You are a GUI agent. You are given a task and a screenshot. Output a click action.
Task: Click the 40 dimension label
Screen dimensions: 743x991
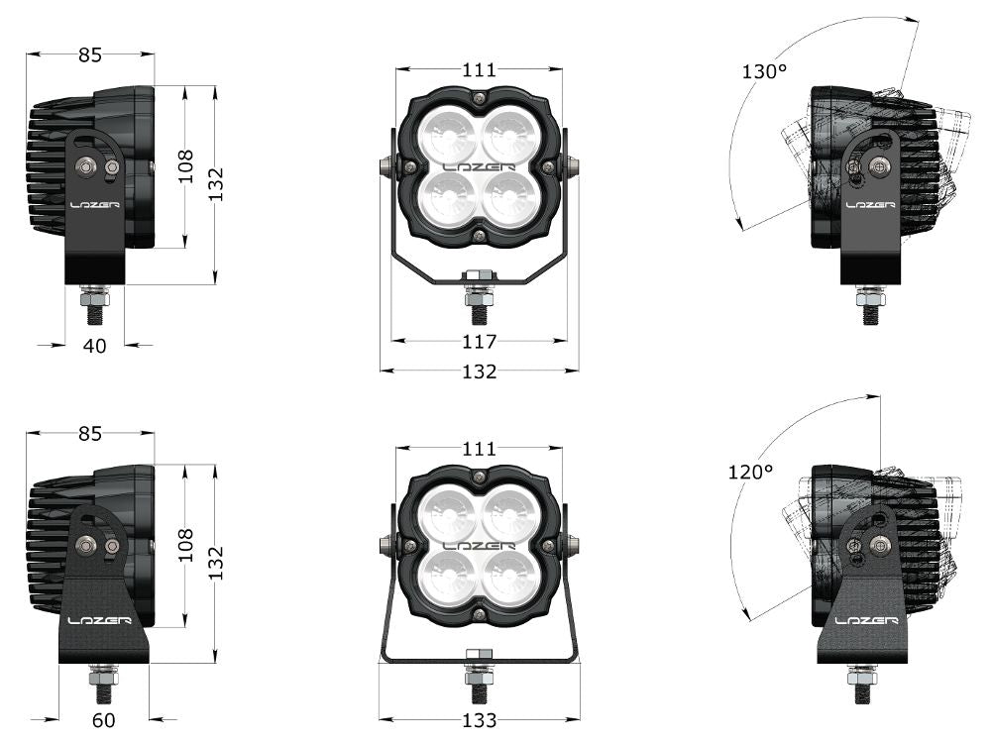[x=95, y=345]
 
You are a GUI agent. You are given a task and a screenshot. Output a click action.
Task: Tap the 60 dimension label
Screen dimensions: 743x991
[x=104, y=720]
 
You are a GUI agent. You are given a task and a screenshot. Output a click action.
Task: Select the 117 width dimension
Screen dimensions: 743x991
[x=480, y=342]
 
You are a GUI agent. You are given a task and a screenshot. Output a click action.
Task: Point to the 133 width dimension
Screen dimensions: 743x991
[x=480, y=720]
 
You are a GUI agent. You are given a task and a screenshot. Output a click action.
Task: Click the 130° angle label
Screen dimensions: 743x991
[x=764, y=71]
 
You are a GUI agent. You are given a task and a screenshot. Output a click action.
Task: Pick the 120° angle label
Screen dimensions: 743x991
[x=750, y=473]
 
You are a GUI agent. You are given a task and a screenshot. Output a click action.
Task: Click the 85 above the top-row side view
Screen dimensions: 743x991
[x=90, y=55]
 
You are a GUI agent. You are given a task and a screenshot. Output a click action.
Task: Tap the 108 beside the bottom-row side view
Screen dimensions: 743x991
[x=185, y=545]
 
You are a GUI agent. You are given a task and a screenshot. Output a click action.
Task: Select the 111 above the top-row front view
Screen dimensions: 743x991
[x=479, y=69]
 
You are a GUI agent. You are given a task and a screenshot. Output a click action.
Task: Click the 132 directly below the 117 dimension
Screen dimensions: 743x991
[x=480, y=371]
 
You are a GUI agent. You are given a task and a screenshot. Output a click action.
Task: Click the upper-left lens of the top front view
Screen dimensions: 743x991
[x=445, y=132]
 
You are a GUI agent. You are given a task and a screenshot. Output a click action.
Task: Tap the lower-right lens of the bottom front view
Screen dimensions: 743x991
[x=511, y=578]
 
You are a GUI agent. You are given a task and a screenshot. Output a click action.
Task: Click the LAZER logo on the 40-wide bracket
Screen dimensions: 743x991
[x=94, y=205]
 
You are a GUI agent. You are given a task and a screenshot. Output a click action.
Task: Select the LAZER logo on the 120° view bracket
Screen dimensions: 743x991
[x=866, y=620]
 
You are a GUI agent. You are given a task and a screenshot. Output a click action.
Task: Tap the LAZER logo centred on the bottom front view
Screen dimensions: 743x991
[x=479, y=545]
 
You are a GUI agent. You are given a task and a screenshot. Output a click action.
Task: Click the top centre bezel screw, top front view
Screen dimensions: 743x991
[x=479, y=97]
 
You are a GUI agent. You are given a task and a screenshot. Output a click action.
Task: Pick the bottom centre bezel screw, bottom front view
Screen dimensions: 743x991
[x=479, y=616]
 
